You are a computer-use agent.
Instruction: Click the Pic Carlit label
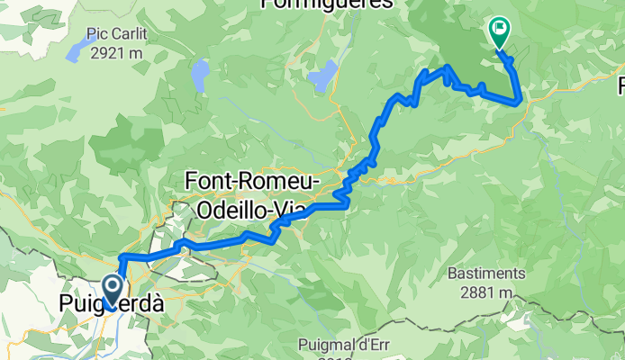(x=116, y=34)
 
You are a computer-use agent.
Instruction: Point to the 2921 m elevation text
(x=117, y=52)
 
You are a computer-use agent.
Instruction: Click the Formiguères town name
(x=327, y=4)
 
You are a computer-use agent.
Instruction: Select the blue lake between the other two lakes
(x=199, y=72)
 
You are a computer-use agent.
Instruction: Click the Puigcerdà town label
(x=112, y=305)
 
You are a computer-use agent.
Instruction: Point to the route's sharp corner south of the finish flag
(x=517, y=102)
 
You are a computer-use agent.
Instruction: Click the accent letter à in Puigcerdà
(x=156, y=304)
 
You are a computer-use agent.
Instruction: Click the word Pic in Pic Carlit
(x=97, y=34)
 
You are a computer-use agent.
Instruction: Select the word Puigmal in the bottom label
(x=327, y=346)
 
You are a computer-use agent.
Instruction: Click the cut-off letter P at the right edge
(x=620, y=87)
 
